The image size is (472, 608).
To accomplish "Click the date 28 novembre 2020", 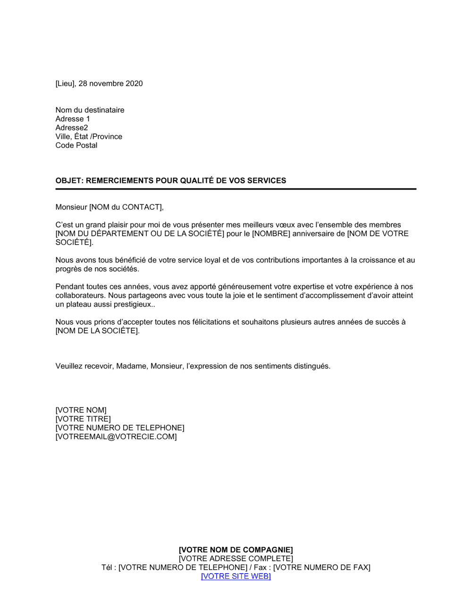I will tap(110, 83).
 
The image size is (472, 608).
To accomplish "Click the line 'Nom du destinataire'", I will tap(90, 110).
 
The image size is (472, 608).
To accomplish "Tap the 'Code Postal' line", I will tap(76, 145).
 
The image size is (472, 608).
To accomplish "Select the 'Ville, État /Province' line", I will tap(89, 137).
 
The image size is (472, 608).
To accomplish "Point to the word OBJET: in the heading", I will tap(69, 181).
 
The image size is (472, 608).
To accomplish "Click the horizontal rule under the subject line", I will tap(236, 189).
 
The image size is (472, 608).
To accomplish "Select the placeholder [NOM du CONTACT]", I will tap(126, 207).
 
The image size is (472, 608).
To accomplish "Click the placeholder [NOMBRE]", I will tap(271, 234).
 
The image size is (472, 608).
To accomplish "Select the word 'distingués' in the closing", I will tap(312, 366).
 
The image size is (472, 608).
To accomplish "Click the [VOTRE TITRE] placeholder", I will tap(83, 419).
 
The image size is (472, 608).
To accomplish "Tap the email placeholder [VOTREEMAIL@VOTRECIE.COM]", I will tap(116, 437).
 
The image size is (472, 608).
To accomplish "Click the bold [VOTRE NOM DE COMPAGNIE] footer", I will tap(236, 550).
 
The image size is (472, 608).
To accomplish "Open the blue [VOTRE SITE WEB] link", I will tap(236, 576).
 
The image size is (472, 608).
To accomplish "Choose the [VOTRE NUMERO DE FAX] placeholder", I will tap(322, 567).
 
